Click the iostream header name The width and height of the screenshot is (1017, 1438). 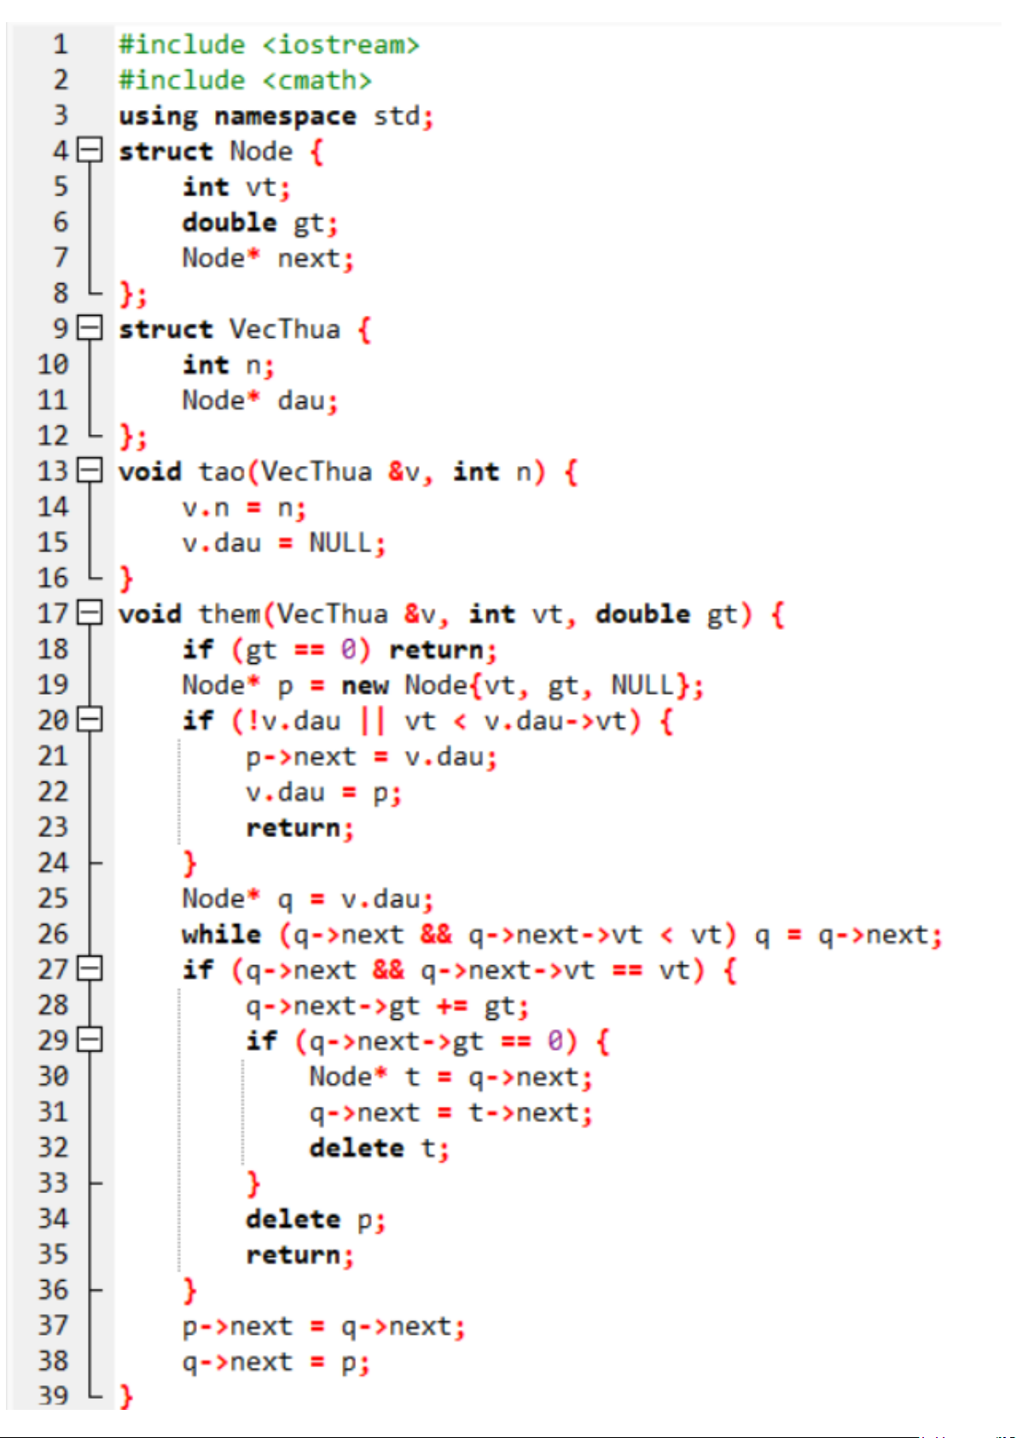pyautogui.click(x=340, y=45)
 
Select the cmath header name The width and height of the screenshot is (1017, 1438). pyautogui.click(x=317, y=80)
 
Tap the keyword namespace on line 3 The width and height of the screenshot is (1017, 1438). pyautogui.click(x=285, y=117)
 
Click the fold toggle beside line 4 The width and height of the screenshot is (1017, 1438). pyautogui.click(x=90, y=150)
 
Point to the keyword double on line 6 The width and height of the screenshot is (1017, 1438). pyautogui.click(x=230, y=222)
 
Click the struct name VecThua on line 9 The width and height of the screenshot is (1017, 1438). pyautogui.click(x=285, y=329)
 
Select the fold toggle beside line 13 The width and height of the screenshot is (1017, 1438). pyautogui.click(x=90, y=470)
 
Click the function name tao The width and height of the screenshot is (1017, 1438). pyautogui.click(x=222, y=472)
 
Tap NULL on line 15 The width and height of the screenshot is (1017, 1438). pyautogui.click(x=340, y=543)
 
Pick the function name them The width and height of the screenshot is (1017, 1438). pyautogui.click(x=230, y=614)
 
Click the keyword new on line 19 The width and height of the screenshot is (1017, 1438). pyautogui.click(x=364, y=685)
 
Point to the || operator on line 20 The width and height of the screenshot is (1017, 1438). pyautogui.click(x=372, y=721)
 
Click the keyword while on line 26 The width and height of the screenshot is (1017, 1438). pyautogui.click(x=221, y=934)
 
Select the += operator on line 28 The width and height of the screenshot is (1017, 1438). pyautogui.click(x=451, y=1006)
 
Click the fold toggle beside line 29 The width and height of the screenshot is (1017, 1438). pyautogui.click(x=90, y=1039)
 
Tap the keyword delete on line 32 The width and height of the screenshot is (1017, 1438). pyautogui.click(x=357, y=1148)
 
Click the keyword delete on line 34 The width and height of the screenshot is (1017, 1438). pyautogui.click(x=293, y=1219)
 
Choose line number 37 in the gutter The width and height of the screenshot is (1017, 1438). pyautogui.click(x=53, y=1325)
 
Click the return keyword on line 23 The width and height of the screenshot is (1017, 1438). pyautogui.click(x=293, y=828)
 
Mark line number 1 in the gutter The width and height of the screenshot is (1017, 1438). pyautogui.click(x=61, y=44)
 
